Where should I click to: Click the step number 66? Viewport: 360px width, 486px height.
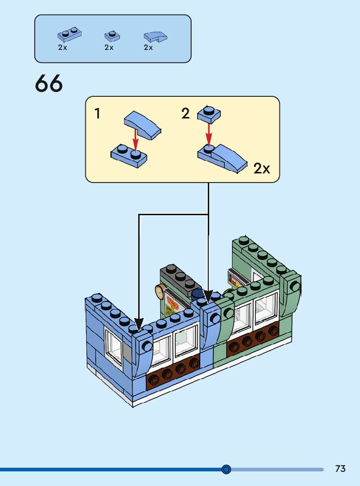click(x=49, y=84)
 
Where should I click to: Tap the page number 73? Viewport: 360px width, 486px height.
click(x=340, y=469)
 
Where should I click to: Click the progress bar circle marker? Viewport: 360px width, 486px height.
click(x=226, y=469)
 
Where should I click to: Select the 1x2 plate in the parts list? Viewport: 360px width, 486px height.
click(x=70, y=35)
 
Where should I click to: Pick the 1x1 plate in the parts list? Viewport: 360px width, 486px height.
click(x=112, y=36)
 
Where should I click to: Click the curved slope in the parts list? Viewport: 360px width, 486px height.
click(x=155, y=36)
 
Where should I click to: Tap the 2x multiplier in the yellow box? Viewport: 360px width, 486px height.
click(x=262, y=168)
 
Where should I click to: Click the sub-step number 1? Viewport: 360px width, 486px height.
click(x=97, y=114)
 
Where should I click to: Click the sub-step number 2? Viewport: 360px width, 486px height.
click(x=186, y=114)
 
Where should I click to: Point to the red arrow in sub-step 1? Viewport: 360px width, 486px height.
click(x=135, y=139)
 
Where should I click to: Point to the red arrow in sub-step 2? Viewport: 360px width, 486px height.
click(x=209, y=132)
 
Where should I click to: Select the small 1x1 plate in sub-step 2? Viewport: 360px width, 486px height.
click(x=209, y=113)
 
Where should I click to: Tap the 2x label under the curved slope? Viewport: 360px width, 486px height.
click(x=148, y=47)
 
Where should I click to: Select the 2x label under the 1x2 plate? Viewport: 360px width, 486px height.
click(x=63, y=47)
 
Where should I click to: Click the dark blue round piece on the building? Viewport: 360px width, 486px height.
click(x=198, y=294)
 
